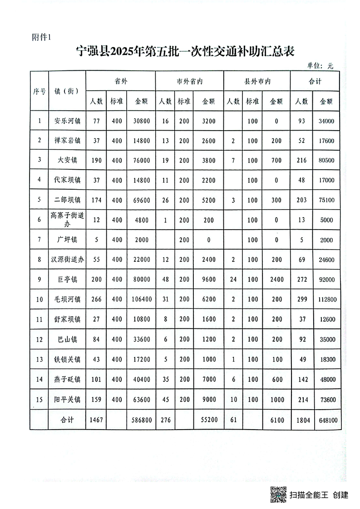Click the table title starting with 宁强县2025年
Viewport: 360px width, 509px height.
pos(185,51)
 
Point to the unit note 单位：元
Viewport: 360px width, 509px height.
pos(321,66)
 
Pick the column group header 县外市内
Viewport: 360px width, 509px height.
pos(257,82)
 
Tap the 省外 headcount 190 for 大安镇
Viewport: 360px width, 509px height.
pos(96,161)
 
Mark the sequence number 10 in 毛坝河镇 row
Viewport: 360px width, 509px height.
pos(39,299)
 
